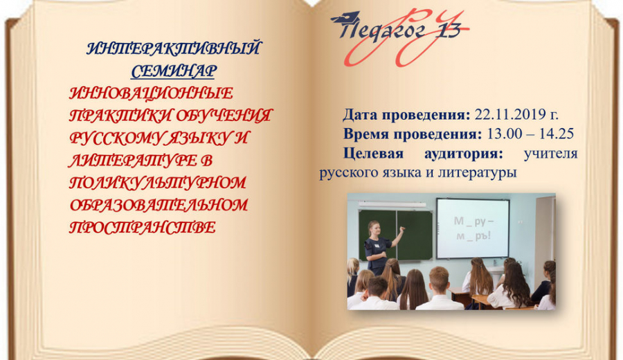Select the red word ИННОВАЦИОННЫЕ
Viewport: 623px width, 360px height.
[152, 93]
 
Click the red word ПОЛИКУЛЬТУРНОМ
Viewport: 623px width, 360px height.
[158, 183]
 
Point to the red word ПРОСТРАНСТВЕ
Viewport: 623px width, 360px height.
[143, 227]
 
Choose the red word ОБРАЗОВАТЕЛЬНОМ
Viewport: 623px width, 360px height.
[159, 205]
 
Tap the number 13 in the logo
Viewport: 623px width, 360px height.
[449, 30]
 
